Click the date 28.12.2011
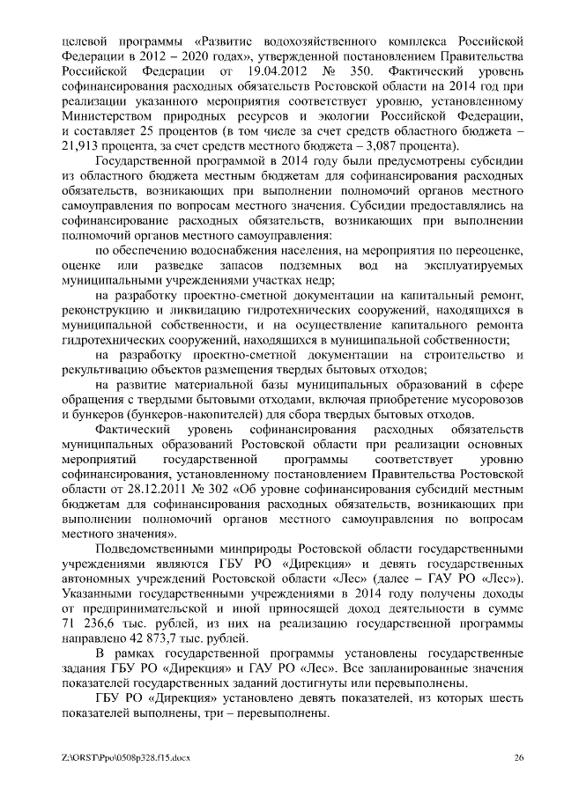pos(130,487)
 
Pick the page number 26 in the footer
pos(519,756)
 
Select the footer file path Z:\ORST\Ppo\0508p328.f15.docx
pos(126,756)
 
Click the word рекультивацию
pos(104,370)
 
